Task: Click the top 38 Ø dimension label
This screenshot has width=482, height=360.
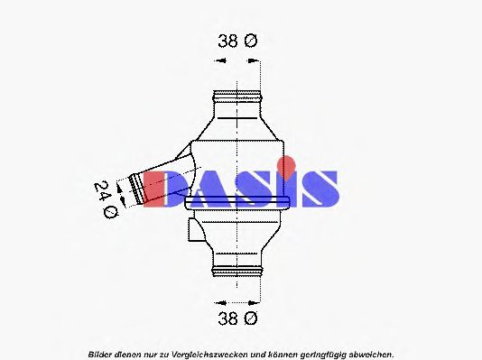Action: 238,41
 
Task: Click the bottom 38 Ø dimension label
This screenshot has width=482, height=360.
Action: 238,318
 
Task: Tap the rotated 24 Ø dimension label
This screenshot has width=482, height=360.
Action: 107,198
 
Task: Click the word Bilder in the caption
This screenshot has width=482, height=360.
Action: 100,354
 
